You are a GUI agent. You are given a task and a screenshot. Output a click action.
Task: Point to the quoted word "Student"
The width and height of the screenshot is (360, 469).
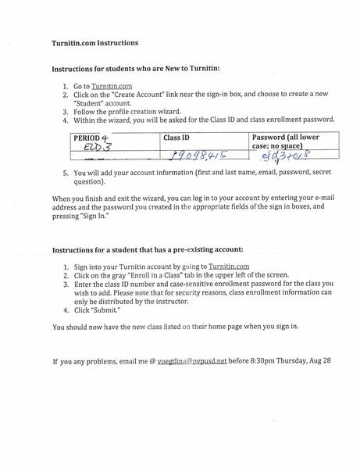coord(92,112)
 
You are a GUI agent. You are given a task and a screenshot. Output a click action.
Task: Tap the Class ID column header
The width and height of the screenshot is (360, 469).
coord(176,137)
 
